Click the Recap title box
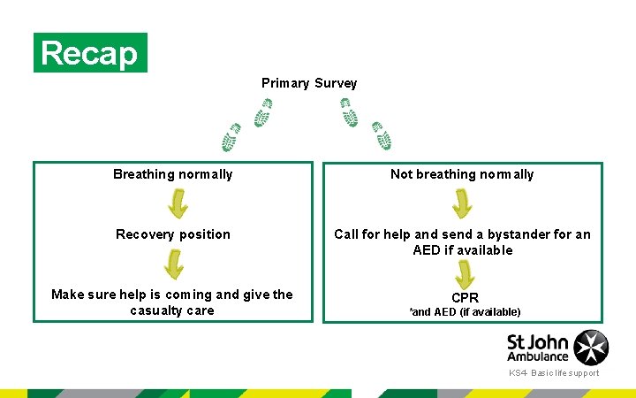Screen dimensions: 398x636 pos(90,53)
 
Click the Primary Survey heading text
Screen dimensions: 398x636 pos(309,83)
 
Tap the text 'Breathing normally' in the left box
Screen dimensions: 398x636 pos(173,174)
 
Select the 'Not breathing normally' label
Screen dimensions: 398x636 pos(462,174)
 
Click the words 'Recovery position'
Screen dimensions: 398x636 pos(173,234)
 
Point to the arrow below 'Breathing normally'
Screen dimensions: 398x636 pos(178,203)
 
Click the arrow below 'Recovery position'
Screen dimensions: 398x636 pos(174,264)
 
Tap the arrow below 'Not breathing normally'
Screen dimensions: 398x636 pos(462,203)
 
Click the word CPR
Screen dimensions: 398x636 pos(465,298)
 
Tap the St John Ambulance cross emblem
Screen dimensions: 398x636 pos(591,347)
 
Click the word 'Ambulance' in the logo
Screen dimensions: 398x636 pos(538,356)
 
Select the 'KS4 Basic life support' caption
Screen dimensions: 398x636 pos(554,373)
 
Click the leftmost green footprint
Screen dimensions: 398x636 pos(231,138)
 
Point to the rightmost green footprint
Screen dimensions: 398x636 pos(382,135)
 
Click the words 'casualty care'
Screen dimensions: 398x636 pos(172,310)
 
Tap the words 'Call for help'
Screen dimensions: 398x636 pos(371,234)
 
